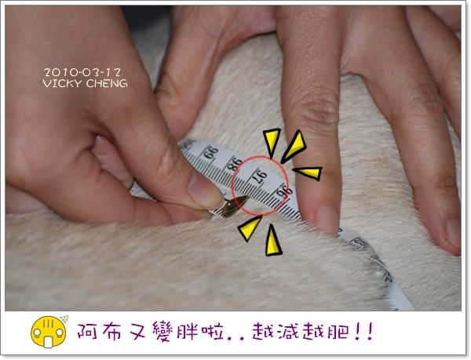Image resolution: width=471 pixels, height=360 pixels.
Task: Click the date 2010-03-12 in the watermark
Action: [82, 72]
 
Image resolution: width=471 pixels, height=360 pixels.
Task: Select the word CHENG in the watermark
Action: [107, 83]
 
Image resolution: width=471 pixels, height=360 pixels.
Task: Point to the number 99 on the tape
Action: [211, 152]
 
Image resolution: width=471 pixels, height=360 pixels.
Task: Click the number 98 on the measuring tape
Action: [235, 163]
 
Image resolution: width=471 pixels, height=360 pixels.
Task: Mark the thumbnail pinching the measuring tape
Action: [205, 191]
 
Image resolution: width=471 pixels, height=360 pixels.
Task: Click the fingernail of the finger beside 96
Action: [327, 218]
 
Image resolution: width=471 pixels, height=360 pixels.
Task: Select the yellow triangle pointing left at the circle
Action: [308, 173]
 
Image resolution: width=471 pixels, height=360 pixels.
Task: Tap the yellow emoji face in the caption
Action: [49, 332]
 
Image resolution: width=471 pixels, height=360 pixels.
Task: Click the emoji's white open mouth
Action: [49, 342]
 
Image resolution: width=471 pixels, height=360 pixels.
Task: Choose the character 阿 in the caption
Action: [87, 331]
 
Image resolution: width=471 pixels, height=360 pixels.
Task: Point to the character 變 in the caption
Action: [164, 331]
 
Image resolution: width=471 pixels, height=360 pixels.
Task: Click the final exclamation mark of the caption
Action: [369, 331]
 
